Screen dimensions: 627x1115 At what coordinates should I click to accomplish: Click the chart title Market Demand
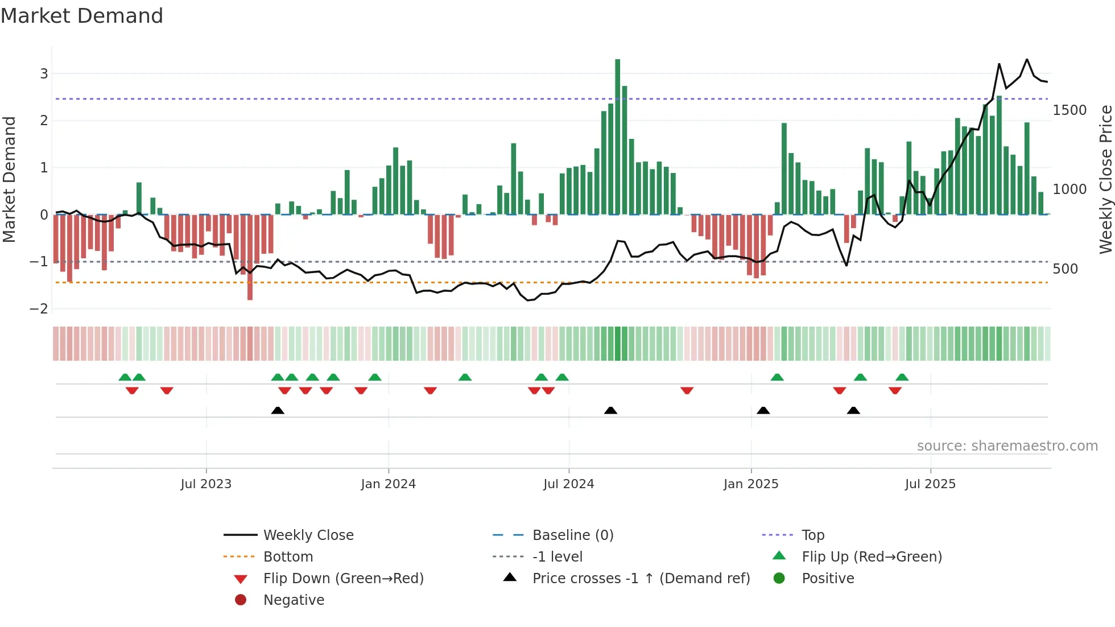82,16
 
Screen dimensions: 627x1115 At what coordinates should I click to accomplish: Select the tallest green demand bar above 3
617,137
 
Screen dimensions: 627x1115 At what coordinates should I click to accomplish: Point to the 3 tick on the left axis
44,73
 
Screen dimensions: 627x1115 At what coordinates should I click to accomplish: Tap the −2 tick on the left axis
39,309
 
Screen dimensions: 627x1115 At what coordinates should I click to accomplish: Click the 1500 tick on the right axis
1069,110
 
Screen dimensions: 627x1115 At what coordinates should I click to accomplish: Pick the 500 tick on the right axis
1065,269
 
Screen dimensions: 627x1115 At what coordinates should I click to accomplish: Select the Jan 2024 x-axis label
388,484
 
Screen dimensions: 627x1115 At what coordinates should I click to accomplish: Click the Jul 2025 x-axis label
930,484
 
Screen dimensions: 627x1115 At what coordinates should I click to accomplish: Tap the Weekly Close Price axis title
1105,179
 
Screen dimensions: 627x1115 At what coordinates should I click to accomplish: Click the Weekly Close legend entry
308,535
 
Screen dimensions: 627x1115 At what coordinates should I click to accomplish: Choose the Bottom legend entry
288,557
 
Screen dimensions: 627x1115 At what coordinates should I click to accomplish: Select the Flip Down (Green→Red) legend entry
343,579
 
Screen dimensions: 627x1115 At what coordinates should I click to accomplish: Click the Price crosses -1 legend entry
641,579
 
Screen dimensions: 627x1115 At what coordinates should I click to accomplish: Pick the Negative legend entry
294,600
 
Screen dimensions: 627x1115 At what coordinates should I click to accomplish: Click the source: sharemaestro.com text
1007,446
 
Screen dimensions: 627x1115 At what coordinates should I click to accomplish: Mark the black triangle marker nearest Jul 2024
610,410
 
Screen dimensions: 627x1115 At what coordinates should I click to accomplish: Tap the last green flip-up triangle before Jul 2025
902,377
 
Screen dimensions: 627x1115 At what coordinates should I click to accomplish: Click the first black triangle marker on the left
278,410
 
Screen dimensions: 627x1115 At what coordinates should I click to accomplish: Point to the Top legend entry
812,535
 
